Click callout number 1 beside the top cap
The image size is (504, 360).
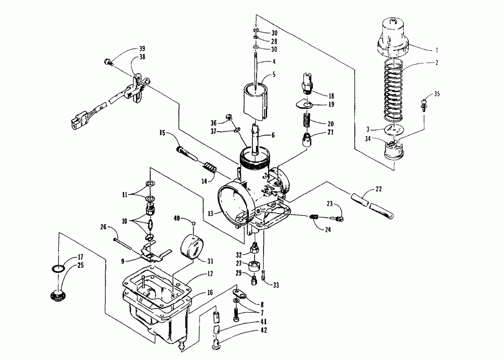click(x=436, y=50)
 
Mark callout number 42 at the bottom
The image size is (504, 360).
click(x=264, y=330)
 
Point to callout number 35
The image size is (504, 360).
click(x=436, y=94)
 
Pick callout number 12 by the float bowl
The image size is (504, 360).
click(x=210, y=273)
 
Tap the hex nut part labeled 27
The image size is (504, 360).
click(x=255, y=265)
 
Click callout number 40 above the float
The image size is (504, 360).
click(x=177, y=218)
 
